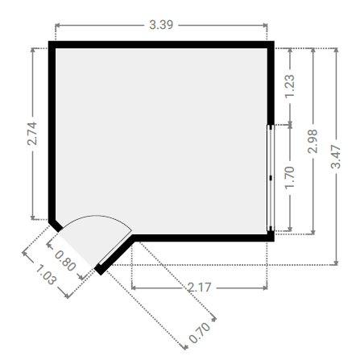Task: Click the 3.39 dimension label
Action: [x=161, y=25]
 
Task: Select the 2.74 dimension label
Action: [x=32, y=134]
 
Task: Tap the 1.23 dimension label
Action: [x=290, y=86]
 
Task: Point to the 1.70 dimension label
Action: [x=290, y=178]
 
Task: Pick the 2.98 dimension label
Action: [x=312, y=141]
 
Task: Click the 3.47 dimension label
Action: [x=336, y=156]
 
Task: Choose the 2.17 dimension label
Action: [x=199, y=288]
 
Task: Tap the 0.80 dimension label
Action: [x=65, y=260]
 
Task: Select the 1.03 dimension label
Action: [x=46, y=275]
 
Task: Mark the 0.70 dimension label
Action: [x=200, y=333]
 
